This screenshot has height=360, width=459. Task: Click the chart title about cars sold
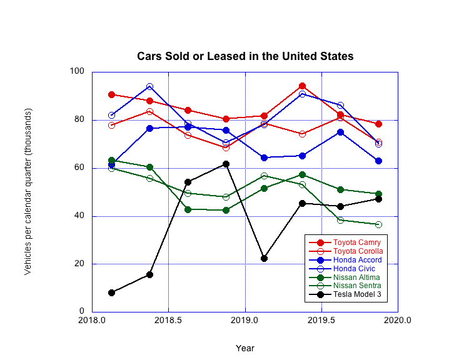(245, 56)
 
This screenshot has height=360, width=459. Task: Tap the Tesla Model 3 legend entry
(357, 294)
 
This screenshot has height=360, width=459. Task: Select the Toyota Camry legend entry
(356, 242)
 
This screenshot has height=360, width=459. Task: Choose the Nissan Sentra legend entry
(356, 286)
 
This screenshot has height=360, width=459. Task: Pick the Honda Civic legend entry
(356, 268)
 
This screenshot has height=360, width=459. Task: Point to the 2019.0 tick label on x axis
(245, 321)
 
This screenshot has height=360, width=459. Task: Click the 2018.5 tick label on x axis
(169, 321)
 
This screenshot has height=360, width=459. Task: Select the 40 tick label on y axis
(79, 216)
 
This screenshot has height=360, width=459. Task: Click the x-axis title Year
(245, 348)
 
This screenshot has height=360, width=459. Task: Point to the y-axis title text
(28, 191)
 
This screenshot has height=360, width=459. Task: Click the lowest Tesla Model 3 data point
(111, 292)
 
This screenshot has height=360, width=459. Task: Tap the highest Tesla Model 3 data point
(226, 164)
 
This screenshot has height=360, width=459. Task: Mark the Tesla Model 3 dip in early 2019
(264, 258)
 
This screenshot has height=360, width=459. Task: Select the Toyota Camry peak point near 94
(302, 86)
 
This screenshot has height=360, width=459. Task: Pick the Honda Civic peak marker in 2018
(149, 86)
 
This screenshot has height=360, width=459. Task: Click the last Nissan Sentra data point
(378, 224)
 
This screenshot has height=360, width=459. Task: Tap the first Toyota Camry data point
(111, 94)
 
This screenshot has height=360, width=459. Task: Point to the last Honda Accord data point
(378, 161)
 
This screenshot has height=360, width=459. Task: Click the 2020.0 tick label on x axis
(398, 321)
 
